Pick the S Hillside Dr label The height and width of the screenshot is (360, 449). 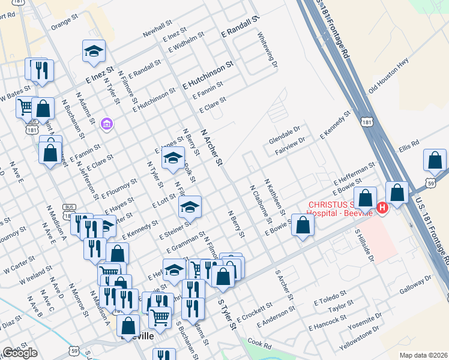point(364,245)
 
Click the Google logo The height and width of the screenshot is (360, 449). point(20,353)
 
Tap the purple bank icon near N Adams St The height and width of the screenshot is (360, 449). point(107,124)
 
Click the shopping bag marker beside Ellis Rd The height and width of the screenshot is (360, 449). point(435,161)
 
